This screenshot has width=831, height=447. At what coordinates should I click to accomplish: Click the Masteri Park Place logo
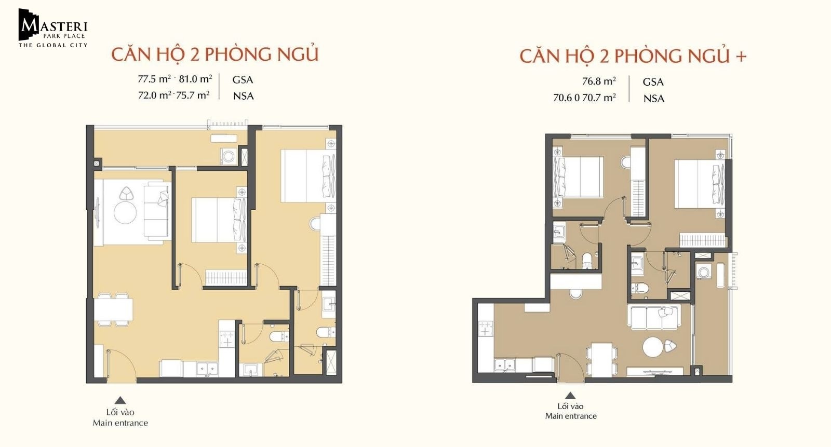[x=53, y=28]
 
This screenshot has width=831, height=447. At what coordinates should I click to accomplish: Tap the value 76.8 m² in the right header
[x=599, y=81]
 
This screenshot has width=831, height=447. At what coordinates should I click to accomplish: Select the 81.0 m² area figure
[x=195, y=79]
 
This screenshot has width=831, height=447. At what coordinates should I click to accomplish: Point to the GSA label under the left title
[x=243, y=80]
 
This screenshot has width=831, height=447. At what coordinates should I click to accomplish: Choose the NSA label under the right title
[x=654, y=99]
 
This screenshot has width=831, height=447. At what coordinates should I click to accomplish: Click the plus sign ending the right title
[x=741, y=57]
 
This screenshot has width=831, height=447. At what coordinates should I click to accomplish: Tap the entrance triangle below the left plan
[x=120, y=400]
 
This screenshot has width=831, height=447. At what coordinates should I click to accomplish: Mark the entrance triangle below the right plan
[x=570, y=396]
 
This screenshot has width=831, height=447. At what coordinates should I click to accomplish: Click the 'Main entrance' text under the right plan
[x=571, y=416]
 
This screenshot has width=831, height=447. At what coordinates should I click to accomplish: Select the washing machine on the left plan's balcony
[x=229, y=157]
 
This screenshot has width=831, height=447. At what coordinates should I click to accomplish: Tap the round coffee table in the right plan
[x=652, y=347]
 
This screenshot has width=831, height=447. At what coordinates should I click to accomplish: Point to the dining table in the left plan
[x=113, y=309]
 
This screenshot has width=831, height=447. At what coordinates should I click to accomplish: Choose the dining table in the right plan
[x=602, y=360]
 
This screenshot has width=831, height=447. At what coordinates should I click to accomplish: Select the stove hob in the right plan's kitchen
[x=485, y=329]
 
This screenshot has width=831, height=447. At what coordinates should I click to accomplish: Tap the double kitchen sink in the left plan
[x=207, y=369]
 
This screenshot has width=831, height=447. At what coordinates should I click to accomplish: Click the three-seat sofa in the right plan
[x=654, y=317]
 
